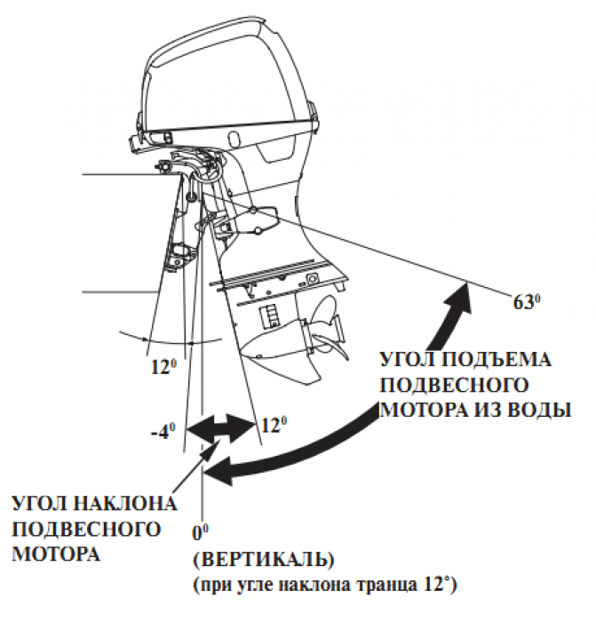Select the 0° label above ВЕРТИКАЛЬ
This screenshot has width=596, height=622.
pos(200,534)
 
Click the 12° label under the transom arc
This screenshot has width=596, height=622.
pos(161,363)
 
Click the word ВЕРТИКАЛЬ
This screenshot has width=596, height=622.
pos(263,561)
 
